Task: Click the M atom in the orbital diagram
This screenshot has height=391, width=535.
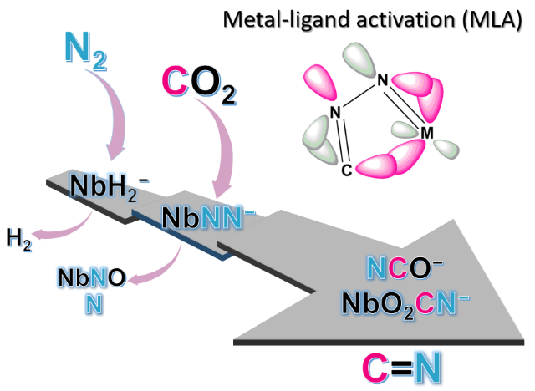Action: tap(426, 134)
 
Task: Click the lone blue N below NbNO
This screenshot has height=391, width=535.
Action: tap(92, 303)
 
